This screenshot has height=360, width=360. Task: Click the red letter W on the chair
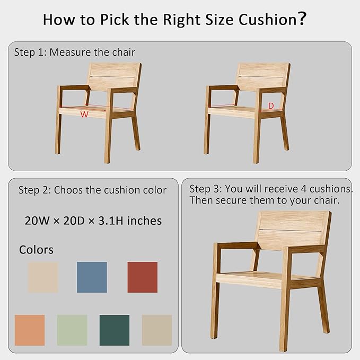(x=84, y=114)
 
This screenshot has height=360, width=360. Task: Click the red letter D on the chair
(x=271, y=106)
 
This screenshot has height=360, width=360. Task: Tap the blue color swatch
(x=92, y=277)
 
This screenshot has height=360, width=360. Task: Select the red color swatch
(x=143, y=277)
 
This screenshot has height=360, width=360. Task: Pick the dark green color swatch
(x=115, y=330)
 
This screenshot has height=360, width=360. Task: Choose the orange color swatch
(x=30, y=330)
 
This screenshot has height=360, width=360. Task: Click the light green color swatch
(x=72, y=330)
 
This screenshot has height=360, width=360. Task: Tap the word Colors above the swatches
(x=36, y=250)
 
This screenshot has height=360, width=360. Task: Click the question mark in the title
(x=303, y=19)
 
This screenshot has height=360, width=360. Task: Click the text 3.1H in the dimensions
(x=111, y=221)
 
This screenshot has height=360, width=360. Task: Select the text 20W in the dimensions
(x=37, y=221)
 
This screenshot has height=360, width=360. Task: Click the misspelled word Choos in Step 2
(x=67, y=190)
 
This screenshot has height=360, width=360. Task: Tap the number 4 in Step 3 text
(x=303, y=189)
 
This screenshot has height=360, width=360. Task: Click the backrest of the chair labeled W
(x=113, y=76)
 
